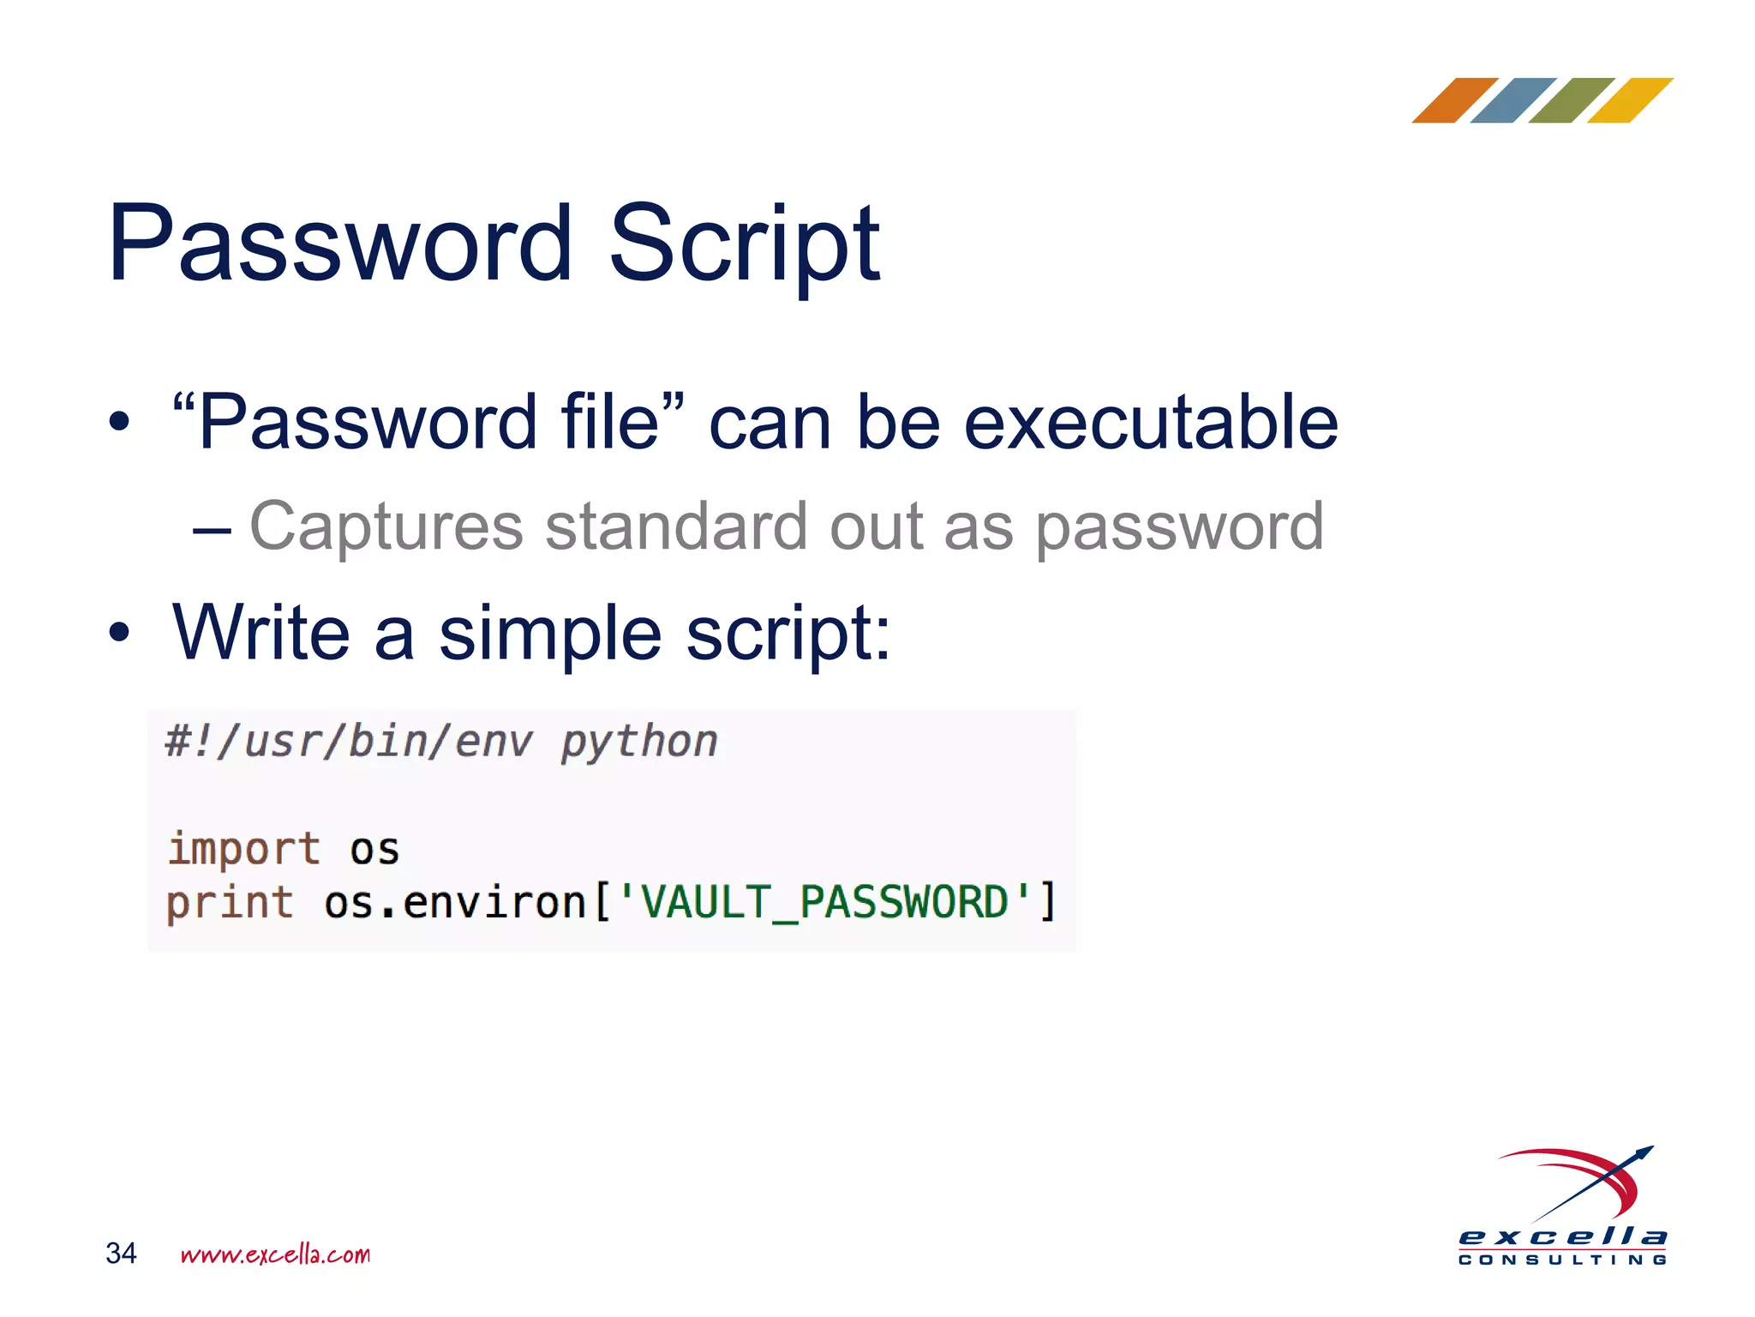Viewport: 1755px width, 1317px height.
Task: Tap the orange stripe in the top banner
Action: [x=1455, y=100]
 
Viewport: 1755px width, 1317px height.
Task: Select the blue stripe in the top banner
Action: [x=1513, y=100]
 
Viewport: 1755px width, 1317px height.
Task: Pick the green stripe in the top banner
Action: [x=1572, y=100]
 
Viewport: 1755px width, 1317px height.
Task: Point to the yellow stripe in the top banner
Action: [x=1630, y=100]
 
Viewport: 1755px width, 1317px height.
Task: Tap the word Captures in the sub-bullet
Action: [x=386, y=526]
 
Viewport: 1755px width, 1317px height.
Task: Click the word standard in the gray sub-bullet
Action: [x=676, y=526]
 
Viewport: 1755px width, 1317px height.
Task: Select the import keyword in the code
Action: [x=244, y=849]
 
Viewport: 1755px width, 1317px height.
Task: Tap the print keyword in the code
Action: [x=230, y=903]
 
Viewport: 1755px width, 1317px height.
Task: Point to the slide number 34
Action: [x=121, y=1254]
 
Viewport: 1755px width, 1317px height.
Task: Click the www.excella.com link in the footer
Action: [x=275, y=1254]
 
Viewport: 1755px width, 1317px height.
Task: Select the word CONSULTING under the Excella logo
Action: [x=1562, y=1260]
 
